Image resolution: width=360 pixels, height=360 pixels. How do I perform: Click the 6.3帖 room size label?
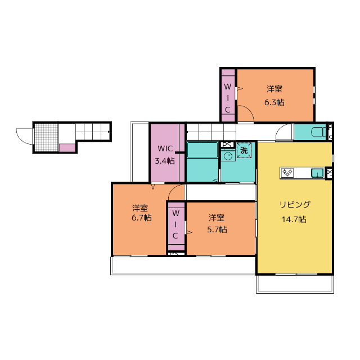click(x=274, y=102)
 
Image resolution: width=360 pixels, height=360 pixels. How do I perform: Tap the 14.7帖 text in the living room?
click(x=294, y=219)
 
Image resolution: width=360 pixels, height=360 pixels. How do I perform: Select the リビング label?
click(x=294, y=204)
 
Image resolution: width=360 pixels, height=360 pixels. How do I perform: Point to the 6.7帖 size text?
click(x=141, y=218)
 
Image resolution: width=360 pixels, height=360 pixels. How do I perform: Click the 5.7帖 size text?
click(x=217, y=229)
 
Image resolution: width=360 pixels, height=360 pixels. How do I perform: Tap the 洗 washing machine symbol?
click(x=244, y=151)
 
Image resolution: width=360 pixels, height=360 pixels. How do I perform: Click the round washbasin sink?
click(x=228, y=157)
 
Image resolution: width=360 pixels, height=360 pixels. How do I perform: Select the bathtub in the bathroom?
click(x=202, y=151)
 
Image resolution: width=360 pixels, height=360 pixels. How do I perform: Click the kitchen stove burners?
click(x=288, y=173)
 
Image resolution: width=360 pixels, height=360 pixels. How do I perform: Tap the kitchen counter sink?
click(x=317, y=173)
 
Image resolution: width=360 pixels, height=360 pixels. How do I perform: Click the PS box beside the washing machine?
click(x=228, y=144)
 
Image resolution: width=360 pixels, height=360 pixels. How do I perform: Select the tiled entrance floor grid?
click(x=46, y=137)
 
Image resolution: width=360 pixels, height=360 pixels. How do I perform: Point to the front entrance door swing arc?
click(x=25, y=135)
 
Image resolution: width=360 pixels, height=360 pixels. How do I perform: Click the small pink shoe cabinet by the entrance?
click(x=66, y=147)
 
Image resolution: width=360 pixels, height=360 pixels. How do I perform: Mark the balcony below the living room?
click(x=295, y=283)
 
